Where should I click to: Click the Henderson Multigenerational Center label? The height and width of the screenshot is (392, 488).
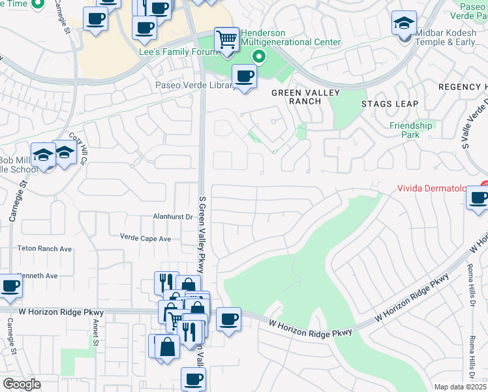tap(290, 38)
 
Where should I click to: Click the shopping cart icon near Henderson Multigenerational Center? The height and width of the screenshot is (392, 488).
tap(226, 39)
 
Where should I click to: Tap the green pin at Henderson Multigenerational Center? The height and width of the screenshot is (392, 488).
tap(259, 57)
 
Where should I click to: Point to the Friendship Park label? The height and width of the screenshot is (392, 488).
tap(411, 130)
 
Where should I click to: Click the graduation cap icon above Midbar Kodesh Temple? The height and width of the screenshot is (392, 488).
tap(404, 23)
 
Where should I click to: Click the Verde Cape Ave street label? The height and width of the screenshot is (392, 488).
tap(145, 238)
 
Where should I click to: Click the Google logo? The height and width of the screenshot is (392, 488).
tap(22, 384)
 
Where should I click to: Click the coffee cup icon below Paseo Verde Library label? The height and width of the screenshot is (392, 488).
tap(245, 77)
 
